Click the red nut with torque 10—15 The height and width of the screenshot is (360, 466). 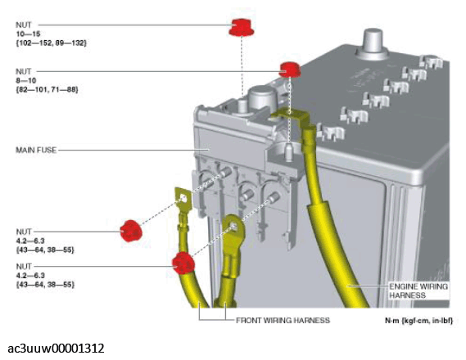tap(241, 27)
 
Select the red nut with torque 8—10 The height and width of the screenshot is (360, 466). tap(289, 70)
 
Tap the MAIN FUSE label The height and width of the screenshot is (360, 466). tap(36, 150)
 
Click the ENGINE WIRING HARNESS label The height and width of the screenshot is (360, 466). tap(418, 290)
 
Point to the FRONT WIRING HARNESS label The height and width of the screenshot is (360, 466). tap(283, 321)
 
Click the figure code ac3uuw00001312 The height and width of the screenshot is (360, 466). tap(56, 348)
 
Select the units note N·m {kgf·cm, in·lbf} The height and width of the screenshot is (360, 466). tap(418, 321)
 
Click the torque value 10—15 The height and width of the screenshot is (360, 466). tap(28, 34)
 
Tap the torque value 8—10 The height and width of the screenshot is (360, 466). tap(26, 80)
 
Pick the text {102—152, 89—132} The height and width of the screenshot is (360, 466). tap(51, 43)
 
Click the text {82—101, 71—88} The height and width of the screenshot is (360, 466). tap(47, 89)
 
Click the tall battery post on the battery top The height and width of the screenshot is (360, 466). tap(373, 43)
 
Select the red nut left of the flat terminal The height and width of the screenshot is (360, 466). tap(131, 231)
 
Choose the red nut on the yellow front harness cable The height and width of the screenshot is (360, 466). tap(183, 263)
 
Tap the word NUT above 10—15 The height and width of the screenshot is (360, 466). tap(23, 25)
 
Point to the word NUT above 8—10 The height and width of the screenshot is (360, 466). tap(23, 71)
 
